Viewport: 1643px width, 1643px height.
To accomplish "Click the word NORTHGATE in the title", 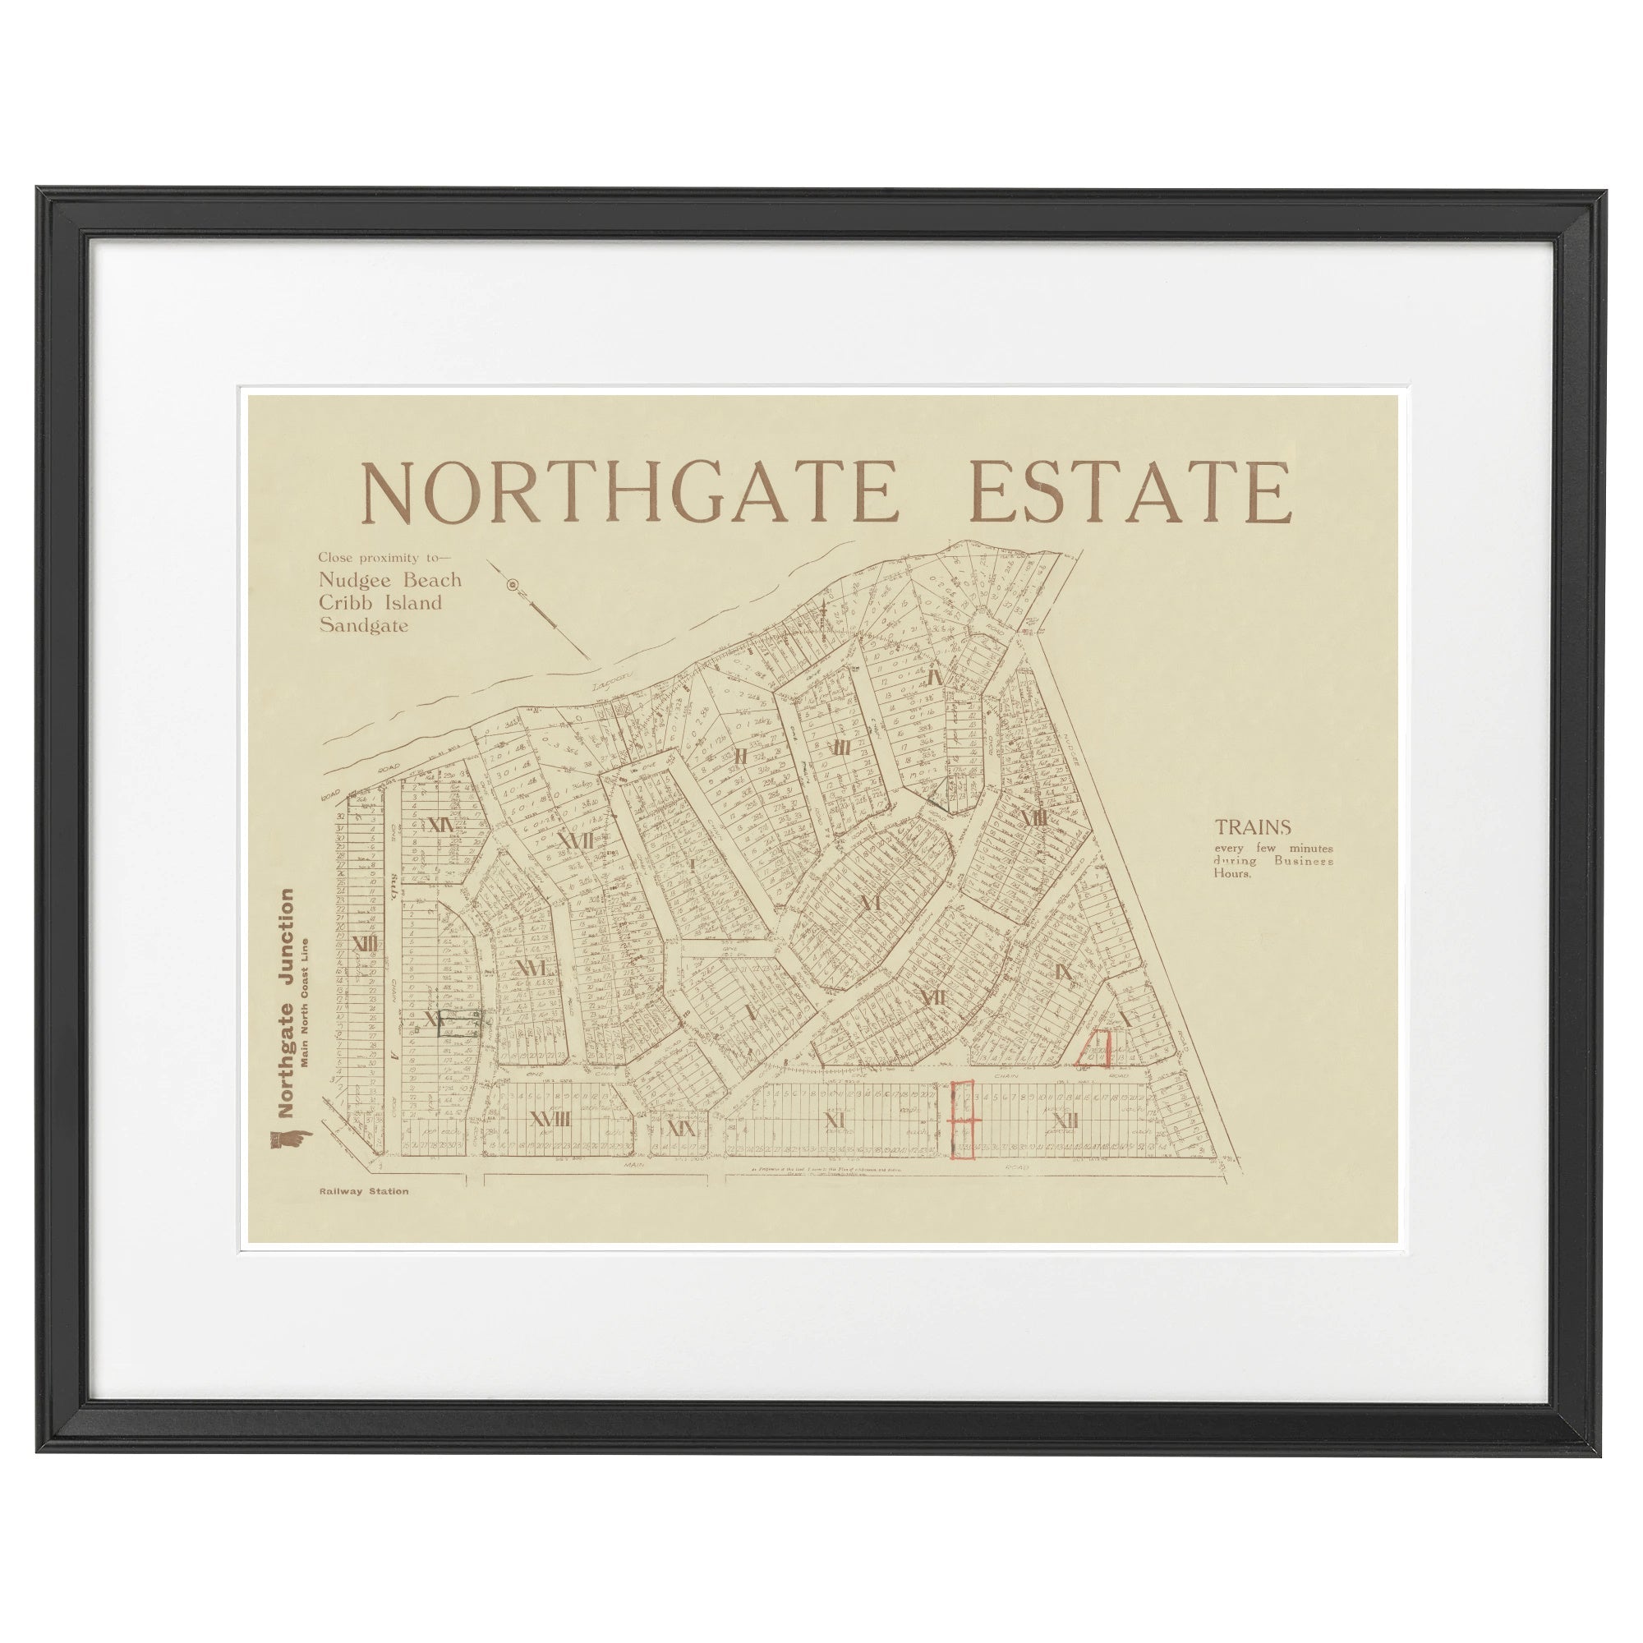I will click(x=629, y=494).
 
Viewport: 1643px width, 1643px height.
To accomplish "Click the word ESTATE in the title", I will click(x=1130, y=494).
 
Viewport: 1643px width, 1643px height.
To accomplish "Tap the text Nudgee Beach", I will click(x=390, y=580).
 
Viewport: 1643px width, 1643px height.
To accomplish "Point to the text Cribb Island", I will click(x=380, y=603).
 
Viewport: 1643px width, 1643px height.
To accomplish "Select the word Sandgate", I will click(x=363, y=625).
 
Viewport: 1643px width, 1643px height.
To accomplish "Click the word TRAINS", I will click(x=1253, y=826).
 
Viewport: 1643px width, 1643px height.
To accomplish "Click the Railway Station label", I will click(x=364, y=1191).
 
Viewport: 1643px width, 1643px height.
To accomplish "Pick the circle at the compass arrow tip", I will click(x=512, y=584).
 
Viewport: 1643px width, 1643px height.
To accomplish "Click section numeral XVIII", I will click(x=550, y=1121).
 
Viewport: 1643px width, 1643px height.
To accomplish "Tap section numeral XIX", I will click(x=682, y=1129).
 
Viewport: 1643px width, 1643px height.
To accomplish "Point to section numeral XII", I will click(x=1064, y=1121).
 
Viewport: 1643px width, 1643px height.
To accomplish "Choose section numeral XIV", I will click(x=440, y=825).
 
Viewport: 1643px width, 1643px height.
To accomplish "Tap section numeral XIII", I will click(x=364, y=943).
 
